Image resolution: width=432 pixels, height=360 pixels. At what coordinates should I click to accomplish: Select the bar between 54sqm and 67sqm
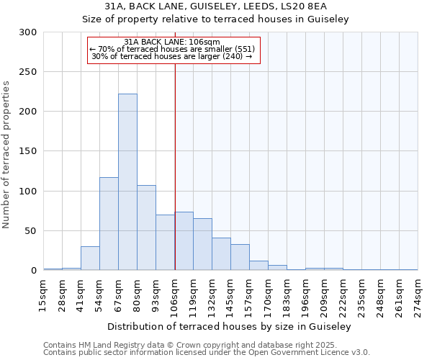click(x=109, y=223)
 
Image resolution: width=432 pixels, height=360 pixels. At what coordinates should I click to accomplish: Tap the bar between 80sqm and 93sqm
click(x=146, y=228)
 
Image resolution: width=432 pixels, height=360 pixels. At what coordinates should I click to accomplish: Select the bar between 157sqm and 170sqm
click(x=258, y=265)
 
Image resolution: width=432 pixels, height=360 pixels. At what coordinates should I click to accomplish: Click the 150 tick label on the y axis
click(x=28, y=151)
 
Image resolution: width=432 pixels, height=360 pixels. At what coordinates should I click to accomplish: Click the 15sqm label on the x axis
click(x=44, y=291)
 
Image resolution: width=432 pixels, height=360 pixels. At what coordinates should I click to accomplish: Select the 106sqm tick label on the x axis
click(x=175, y=293)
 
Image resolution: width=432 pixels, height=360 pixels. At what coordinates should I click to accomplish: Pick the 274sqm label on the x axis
click(x=418, y=293)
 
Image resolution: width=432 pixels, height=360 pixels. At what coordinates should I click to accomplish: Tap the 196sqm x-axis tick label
click(x=306, y=293)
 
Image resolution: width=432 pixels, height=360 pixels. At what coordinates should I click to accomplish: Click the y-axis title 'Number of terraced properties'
click(x=6, y=155)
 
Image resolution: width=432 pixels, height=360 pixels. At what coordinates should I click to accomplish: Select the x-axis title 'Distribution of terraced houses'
click(x=230, y=326)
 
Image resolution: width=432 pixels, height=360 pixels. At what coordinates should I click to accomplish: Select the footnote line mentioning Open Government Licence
click(x=206, y=353)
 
